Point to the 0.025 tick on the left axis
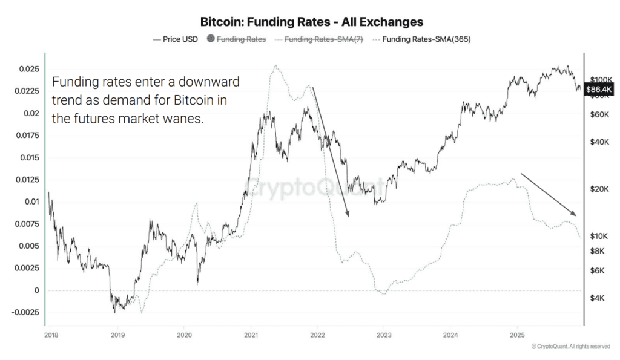[x=28, y=69]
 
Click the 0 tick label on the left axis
[x=36, y=290]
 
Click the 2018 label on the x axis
[x=51, y=334]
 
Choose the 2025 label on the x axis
[x=516, y=334]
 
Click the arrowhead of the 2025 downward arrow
[x=576, y=215]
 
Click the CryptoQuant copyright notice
[x=570, y=346]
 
